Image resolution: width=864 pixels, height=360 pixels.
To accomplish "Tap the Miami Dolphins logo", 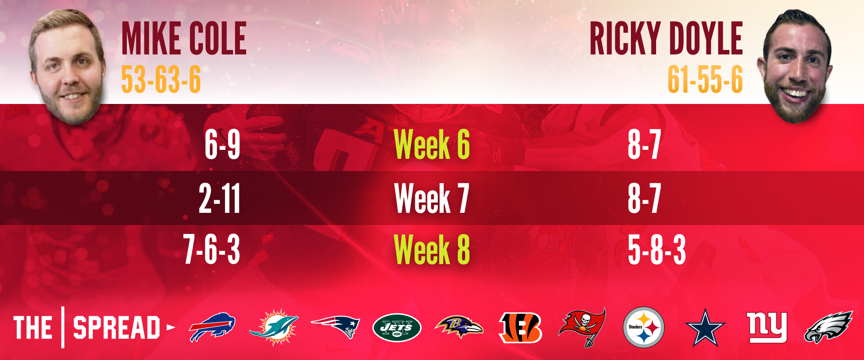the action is (274, 327).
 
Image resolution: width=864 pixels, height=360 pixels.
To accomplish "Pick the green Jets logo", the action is (397, 328).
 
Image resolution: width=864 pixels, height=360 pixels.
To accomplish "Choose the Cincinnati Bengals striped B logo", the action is (520, 328).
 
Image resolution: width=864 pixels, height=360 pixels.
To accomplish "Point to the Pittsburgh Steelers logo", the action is (643, 327).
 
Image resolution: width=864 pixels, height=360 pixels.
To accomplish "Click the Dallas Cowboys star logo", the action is (705, 328).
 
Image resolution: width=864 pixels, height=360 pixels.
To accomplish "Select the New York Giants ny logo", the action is (767, 327).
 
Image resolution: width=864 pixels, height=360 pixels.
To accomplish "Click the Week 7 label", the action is (432, 198).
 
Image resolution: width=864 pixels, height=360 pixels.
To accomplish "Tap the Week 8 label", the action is (432, 249).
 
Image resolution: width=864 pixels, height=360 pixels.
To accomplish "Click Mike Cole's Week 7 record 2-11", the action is (220, 198).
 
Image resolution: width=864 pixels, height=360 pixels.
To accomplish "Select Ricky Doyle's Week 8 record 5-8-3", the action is (657, 249).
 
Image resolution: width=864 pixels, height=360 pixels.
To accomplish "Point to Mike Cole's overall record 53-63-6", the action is (161, 80).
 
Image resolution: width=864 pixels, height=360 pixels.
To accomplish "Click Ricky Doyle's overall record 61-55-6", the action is (705, 80).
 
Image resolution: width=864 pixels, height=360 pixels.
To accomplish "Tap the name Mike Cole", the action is (184, 39).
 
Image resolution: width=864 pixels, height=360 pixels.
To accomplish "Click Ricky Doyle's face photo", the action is (795, 66).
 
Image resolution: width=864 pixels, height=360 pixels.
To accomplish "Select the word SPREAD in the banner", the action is (117, 328).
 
